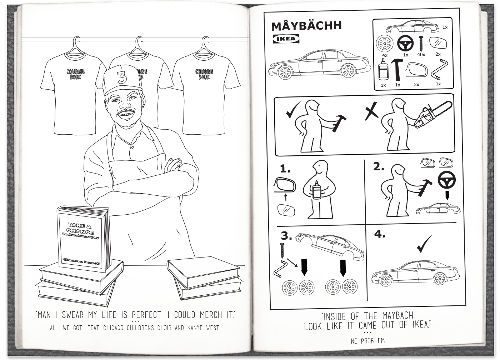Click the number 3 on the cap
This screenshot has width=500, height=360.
click(x=122, y=77)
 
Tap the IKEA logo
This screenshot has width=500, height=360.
click(x=286, y=39)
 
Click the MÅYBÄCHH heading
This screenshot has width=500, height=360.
click(x=306, y=25)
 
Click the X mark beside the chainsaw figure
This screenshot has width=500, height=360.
click(x=371, y=111)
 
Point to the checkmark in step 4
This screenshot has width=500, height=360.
click(x=424, y=244)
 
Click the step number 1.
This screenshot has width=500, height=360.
click(x=285, y=169)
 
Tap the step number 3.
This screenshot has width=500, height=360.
click(x=286, y=236)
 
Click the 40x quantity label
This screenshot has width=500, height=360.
click(x=421, y=54)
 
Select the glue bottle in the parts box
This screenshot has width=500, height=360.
click(x=383, y=69)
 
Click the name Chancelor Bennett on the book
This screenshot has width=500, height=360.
click(x=82, y=261)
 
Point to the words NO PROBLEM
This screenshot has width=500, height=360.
click(x=367, y=341)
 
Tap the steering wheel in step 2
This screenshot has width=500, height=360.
click(x=446, y=179)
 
